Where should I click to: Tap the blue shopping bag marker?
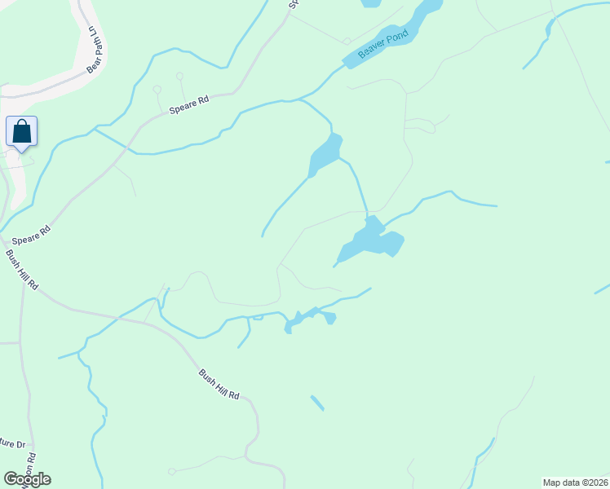click(22, 131)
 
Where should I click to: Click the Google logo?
click(27, 479)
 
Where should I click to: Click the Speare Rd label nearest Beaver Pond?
click(189, 105)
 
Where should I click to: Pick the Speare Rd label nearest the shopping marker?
click(32, 235)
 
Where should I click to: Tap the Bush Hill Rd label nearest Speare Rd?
click(22, 270)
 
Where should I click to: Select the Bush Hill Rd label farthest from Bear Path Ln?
click(219, 385)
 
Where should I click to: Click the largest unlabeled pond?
click(372, 240)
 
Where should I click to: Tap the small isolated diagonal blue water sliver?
click(317, 403)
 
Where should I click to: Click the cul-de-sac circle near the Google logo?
click(172, 471)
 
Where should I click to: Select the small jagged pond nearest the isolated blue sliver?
click(308, 318)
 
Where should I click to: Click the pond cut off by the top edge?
click(370, 3)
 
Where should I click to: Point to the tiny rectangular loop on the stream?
click(258, 317)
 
